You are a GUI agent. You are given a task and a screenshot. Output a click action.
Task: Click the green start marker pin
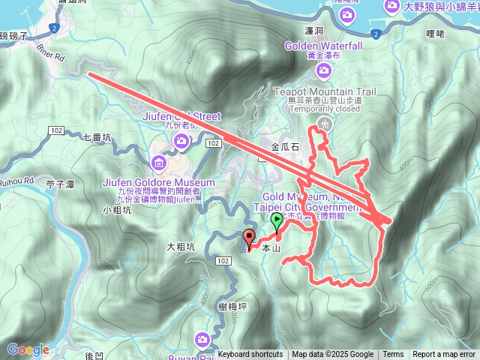[277, 220]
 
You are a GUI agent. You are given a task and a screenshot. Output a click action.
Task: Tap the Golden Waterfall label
[323, 46]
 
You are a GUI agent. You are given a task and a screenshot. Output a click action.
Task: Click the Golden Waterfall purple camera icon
[323, 70]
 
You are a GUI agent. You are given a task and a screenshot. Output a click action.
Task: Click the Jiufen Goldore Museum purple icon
[158, 163]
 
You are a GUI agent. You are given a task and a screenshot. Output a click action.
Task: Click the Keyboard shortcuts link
[250, 355]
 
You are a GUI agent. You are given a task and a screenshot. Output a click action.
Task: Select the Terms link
[393, 355]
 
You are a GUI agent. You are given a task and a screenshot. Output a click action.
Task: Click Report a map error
[443, 355]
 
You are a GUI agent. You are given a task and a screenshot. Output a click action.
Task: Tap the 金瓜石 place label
[285, 147]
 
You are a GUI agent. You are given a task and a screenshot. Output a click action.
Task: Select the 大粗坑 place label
[181, 246]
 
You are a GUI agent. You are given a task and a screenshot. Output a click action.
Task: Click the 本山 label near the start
[270, 248]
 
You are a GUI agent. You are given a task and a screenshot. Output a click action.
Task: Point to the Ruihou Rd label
[16, 181]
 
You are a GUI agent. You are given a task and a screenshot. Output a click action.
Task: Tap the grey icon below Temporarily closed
[325, 122]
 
